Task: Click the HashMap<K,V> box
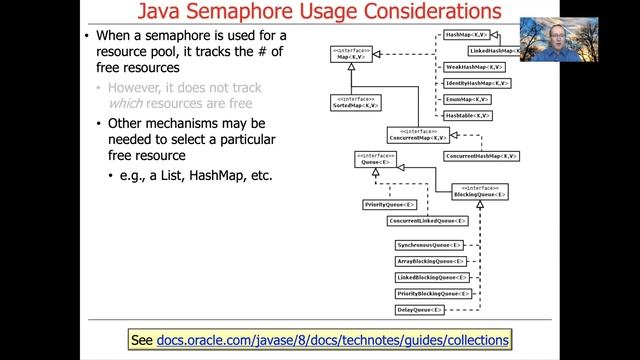pos(464,34)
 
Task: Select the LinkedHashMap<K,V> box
pos(495,50)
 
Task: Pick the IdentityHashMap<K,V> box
pos(476,82)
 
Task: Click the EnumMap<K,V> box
pos(467,99)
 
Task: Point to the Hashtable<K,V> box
pos(468,116)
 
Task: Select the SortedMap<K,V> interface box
pos(353,103)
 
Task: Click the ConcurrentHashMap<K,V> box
pos(482,156)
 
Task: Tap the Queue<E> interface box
pos(375,158)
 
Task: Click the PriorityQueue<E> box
pos(389,204)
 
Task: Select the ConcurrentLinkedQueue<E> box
pos(427,220)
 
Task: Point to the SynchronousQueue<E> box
pos(429,245)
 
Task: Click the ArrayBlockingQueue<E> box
pos(430,261)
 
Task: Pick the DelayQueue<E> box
pos(418,310)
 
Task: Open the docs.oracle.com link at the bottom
pos(333,341)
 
